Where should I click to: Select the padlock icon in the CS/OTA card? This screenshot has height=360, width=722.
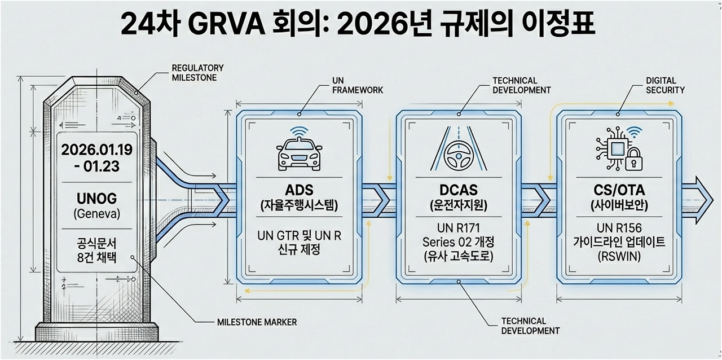[635, 159]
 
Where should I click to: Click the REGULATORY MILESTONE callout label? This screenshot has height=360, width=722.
[197, 73]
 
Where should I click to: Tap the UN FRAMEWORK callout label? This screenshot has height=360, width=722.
[358, 86]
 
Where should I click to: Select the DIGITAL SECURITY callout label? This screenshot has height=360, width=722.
[666, 85]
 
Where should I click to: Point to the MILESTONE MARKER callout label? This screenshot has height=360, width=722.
[257, 322]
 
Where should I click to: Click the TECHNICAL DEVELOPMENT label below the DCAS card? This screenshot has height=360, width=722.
[530, 326]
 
